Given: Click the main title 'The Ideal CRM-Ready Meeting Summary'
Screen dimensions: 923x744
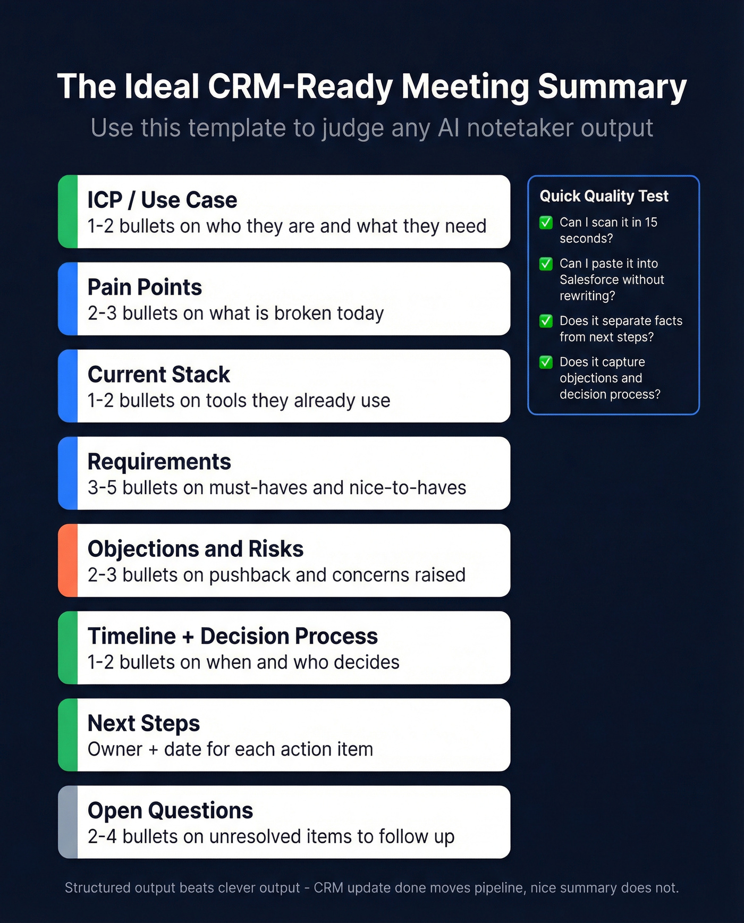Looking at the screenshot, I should (372, 87).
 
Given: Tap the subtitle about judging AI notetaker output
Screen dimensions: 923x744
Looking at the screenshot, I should (372, 128).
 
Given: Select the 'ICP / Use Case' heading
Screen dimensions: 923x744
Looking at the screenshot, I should (162, 200).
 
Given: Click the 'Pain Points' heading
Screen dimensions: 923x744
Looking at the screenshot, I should (145, 287).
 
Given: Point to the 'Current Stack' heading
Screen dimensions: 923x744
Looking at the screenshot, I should (158, 375).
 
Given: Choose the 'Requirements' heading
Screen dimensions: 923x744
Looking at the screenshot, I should (159, 462).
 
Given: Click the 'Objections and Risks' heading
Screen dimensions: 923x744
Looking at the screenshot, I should (195, 549).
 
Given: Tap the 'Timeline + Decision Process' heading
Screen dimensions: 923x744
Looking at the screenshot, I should (232, 636).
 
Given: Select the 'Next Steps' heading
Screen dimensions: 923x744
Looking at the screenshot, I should (143, 723).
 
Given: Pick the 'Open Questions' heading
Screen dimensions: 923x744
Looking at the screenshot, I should (170, 810).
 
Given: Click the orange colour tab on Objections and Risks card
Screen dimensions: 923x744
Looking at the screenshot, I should (68, 561).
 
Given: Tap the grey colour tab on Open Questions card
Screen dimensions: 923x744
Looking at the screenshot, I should (68, 822).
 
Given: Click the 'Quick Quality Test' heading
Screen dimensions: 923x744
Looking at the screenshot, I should (604, 196).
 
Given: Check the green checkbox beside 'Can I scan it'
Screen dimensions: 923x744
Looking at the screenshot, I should (546, 223).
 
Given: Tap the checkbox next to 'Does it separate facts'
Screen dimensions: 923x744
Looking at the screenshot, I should (546, 321).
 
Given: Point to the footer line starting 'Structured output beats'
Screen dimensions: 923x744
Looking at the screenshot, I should (371, 887).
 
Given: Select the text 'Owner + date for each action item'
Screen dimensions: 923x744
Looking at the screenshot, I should (230, 749).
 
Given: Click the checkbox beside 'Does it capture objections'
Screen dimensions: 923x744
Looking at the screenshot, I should (546, 362).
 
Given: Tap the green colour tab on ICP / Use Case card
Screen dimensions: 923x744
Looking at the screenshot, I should (68, 211).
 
